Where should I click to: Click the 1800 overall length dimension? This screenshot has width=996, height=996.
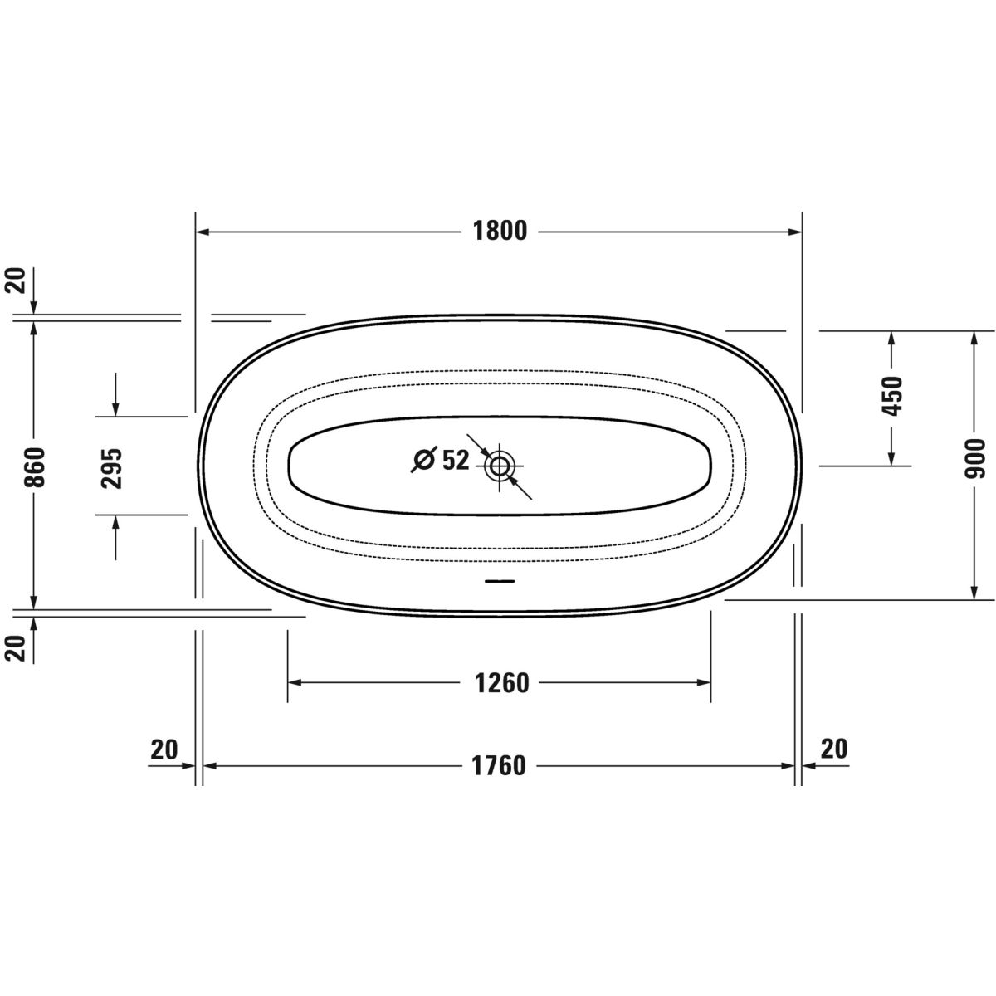[500, 232]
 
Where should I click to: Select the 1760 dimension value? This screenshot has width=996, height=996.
[499, 766]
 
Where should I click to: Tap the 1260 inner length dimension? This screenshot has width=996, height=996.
[502, 683]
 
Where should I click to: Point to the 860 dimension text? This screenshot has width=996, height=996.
[35, 467]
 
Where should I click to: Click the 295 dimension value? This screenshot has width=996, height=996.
[112, 468]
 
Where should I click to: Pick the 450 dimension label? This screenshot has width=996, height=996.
[891, 397]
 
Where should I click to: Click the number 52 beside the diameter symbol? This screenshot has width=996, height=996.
[456, 460]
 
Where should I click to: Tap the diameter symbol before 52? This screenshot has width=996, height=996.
[425, 459]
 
